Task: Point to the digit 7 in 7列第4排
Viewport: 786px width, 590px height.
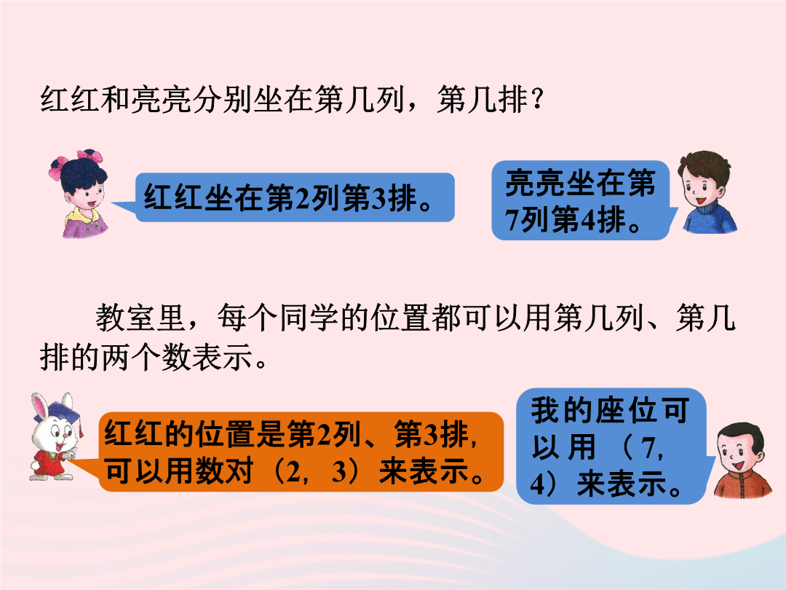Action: pyautogui.click(x=512, y=220)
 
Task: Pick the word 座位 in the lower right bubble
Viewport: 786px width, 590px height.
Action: pyautogui.click(x=627, y=410)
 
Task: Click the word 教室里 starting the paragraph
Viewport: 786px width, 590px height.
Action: pyautogui.click(x=141, y=318)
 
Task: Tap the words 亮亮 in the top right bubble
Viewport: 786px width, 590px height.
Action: pyautogui.click(x=536, y=183)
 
